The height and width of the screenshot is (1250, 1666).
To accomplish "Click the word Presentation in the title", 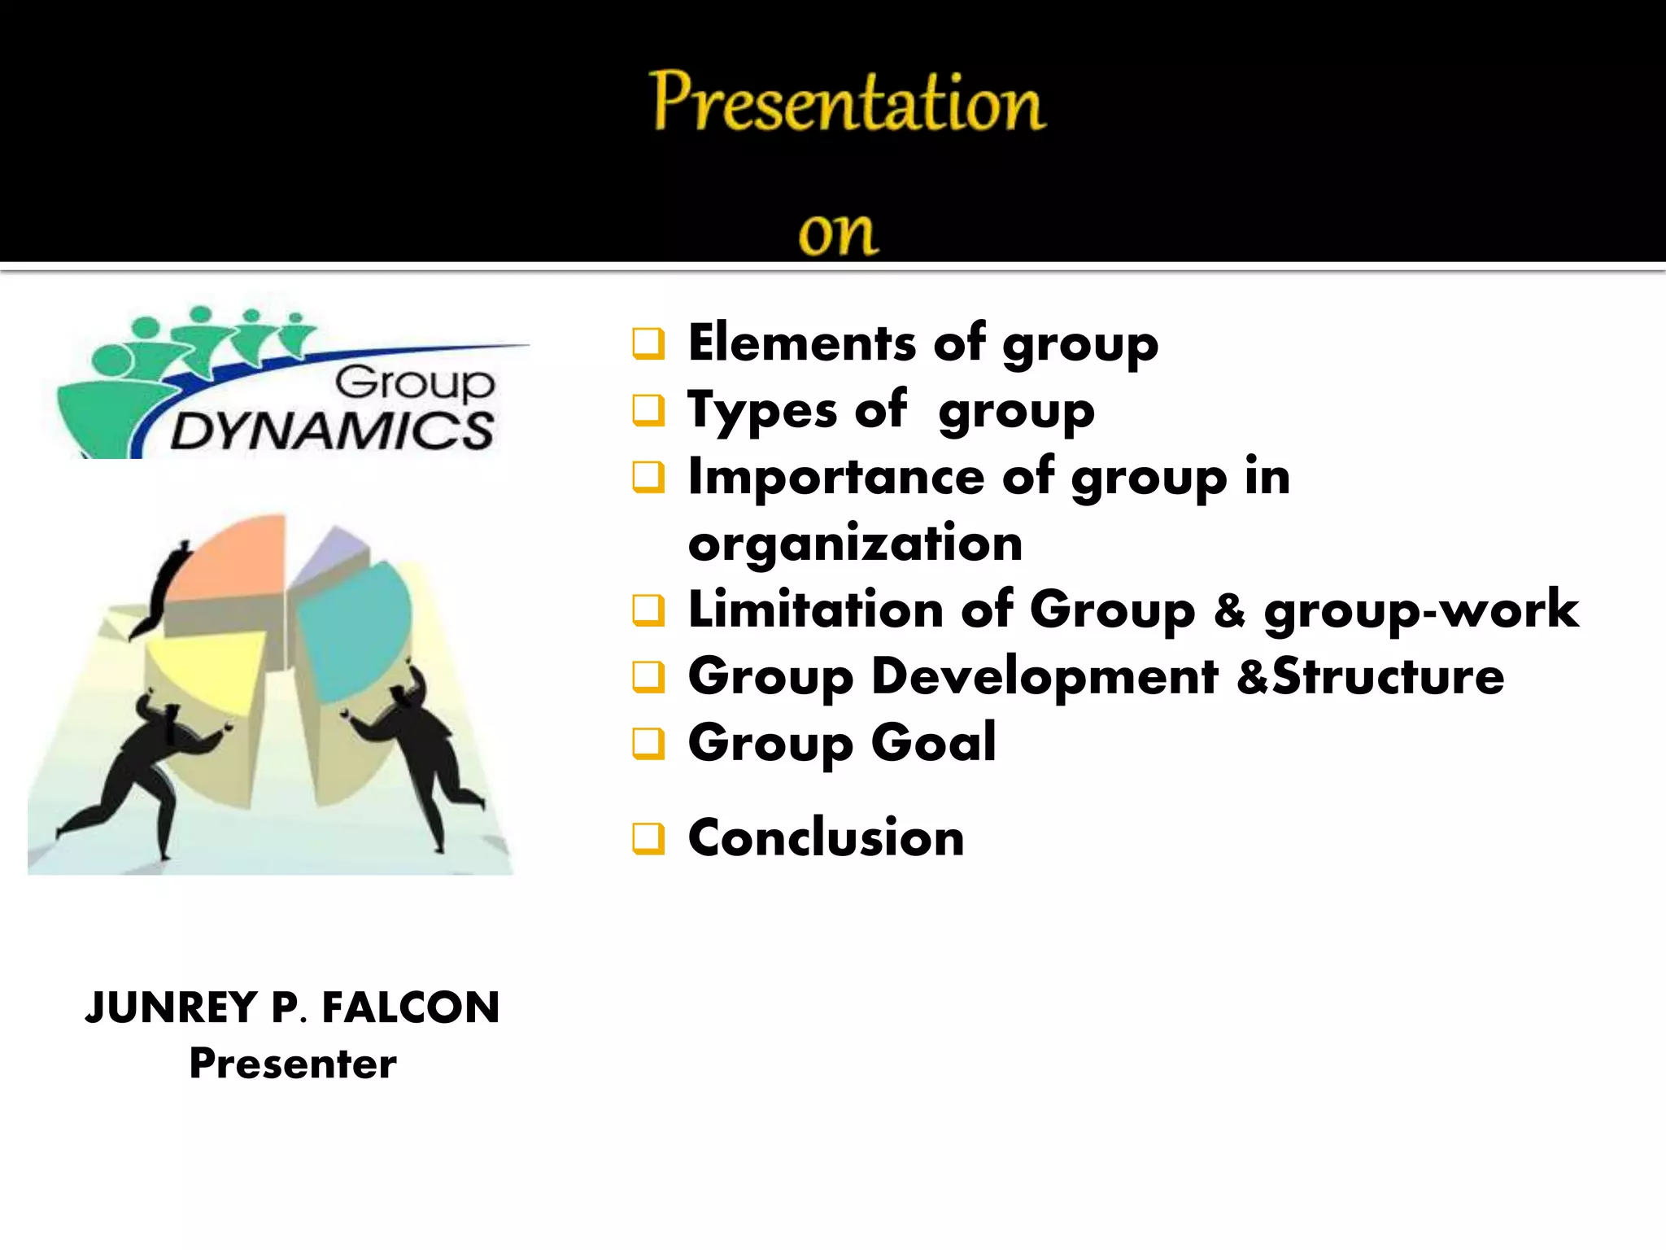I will click(x=847, y=103).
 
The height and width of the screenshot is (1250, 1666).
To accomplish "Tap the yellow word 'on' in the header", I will click(x=838, y=234).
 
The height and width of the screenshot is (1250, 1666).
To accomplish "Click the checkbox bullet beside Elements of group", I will click(x=648, y=343).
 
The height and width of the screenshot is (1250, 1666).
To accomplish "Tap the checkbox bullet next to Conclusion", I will click(x=648, y=838).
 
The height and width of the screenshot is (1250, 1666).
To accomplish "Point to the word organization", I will click(x=855, y=543).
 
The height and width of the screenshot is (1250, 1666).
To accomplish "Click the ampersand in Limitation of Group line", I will click(x=1229, y=610).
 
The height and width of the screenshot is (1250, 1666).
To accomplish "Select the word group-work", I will click(x=1420, y=610).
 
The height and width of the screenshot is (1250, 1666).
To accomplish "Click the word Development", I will click(x=1045, y=676).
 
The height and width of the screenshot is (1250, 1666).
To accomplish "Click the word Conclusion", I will click(x=826, y=837).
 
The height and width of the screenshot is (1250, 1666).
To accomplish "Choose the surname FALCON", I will click(x=410, y=1007).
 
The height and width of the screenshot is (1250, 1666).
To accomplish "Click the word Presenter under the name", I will click(x=293, y=1064).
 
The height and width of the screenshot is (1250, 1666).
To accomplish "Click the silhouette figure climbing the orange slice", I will click(x=163, y=590).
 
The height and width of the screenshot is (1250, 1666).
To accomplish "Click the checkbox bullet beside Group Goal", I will click(x=648, y=743).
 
